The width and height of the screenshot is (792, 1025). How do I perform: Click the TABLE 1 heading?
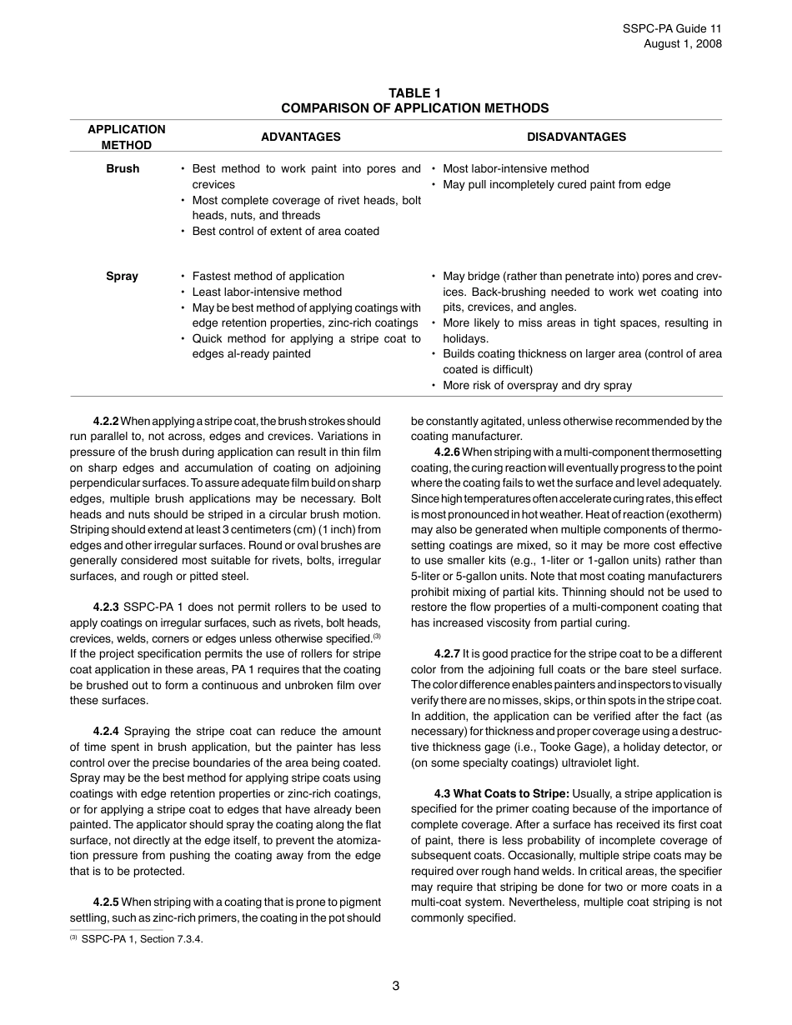point(414,92)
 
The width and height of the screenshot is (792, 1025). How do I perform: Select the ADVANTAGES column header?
point(301,137)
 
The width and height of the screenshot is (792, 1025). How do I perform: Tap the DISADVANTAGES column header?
point(576,137)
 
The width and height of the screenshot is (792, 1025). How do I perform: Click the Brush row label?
point(123,168)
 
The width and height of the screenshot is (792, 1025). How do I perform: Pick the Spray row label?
point(123,276)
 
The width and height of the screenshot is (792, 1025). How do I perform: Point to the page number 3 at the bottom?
point(396,986)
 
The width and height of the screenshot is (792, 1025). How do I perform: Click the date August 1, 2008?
point(683,44)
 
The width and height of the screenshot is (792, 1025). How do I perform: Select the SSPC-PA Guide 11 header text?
point(672,28)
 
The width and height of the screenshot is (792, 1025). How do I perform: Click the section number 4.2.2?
point(106,421)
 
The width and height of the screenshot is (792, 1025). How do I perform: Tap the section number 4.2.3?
point(106,607)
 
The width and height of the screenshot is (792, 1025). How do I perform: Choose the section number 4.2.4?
point(106,731)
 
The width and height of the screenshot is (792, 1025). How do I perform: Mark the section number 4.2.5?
point(106,902)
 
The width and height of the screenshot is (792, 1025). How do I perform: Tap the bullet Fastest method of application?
point(268,276)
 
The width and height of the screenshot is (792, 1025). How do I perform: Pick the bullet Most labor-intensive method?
point(515,168)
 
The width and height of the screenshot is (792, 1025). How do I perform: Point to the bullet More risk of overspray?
point(537,385)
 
